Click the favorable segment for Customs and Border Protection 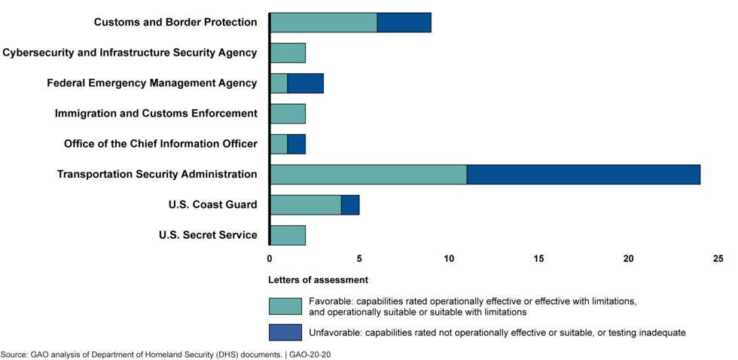tap(323, 23)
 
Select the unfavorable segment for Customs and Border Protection tap(404, 23)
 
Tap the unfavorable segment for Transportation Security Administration tap(583, 174)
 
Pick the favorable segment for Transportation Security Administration tap(368, 174)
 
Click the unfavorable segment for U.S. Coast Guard tap(350, 205)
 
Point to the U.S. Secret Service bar tap(288, 235)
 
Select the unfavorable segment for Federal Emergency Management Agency tap(305, 83)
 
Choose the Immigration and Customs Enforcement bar tap(288, 114)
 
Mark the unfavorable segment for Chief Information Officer tap(296, 144)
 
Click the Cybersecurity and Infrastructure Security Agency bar tap(288, 53)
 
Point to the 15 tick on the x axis tap(538, 259)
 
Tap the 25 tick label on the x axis tap(718, 259)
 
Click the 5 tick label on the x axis tap(359, 259)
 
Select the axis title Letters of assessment tap(318, 280)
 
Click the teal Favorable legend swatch tap(285, 307)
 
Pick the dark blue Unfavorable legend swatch tap(285, 332)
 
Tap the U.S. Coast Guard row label tap(212, 205)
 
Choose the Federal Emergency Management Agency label tap(151, 83)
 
